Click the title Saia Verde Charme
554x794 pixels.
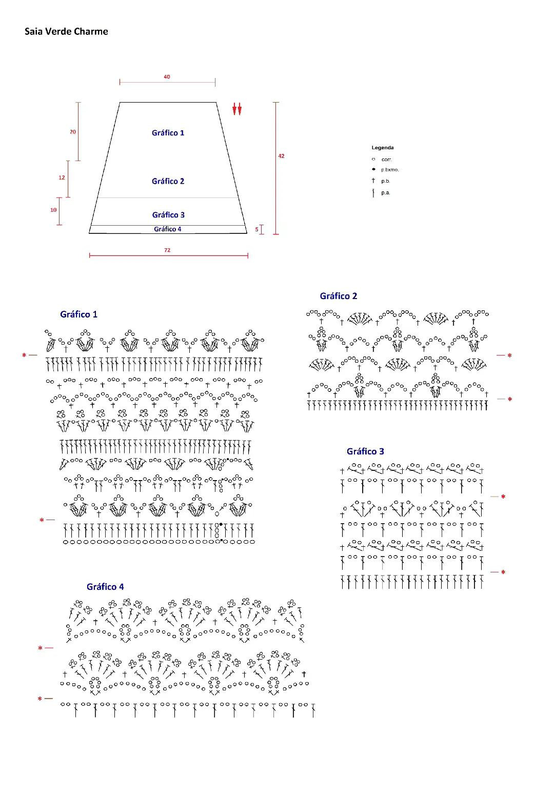(66, 31)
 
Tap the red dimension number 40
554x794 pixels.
(167, 77)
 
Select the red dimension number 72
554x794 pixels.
(167, 250)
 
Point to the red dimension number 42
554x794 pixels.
(281, 156)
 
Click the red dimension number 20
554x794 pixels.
(73, 132)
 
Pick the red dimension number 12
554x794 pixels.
(62, 177)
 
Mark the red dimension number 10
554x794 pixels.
(53, 210)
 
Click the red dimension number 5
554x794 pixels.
(257, 229)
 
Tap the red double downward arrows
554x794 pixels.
(236, 109)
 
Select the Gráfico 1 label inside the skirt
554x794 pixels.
(168, 133)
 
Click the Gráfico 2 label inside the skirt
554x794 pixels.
(168, 181)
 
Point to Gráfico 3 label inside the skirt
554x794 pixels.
(168, 215)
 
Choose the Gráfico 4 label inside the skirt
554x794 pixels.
(168, 229)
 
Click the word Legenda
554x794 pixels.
(383, 148)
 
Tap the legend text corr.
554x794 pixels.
(386, 160)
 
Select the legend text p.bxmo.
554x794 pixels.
(390, 170)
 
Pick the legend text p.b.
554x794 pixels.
(386, 181)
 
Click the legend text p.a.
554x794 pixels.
(386, 193)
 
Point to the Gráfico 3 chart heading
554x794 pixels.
(365, 451)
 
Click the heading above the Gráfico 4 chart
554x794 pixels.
(105, 587)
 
